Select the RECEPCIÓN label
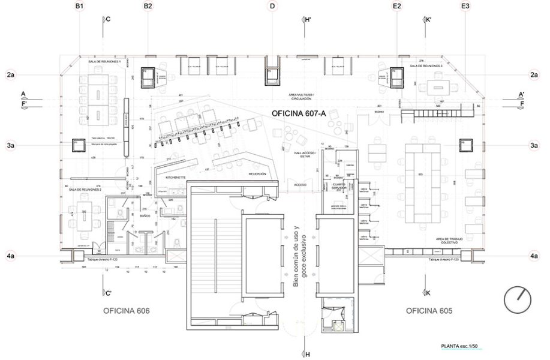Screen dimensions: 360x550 pyautogui.click(x=257, y=173)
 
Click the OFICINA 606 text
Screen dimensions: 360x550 pyautogui.click(x=125, y=311)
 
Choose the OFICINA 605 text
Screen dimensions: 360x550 pyautogui.click(x=429, y=311)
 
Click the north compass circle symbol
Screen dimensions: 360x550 pyautogui.click(x=518, y=299)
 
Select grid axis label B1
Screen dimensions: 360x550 pyautogui.click(x=80, y=6)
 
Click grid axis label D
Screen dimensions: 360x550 pyautogui.click(x=273, y=6)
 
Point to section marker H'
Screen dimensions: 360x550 pyautogui.click(x=306, y=20)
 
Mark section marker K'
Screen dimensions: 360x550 pyautogui.click(x=428, y=20)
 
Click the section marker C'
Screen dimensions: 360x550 pyautogui.click(x=107, y=293)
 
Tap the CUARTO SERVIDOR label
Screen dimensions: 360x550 pyautogui.click(x=342, y=187)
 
